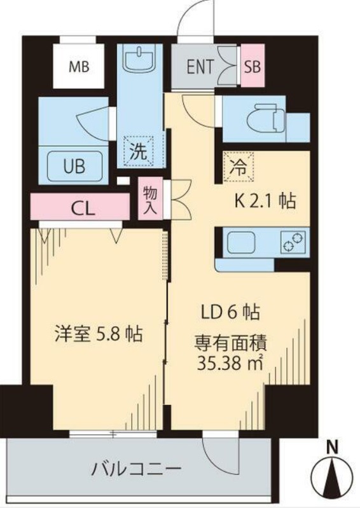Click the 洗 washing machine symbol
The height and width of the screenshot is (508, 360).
138,152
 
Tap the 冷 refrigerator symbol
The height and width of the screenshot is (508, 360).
237,168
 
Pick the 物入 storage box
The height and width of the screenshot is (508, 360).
150,200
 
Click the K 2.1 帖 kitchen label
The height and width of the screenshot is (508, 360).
265,202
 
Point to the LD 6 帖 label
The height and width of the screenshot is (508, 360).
230,312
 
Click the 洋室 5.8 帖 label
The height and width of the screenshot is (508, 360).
97,333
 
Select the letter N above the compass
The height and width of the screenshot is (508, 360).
331,448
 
